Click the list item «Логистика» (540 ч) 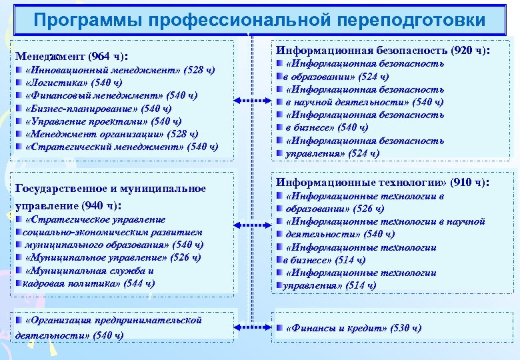pyautogui.click(x=73, y=83)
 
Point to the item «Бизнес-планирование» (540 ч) pyautogui.click(x=97, y=108)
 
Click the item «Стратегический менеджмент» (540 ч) pyautogui.click(x=121, y=146)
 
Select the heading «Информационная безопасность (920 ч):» pyautogui.click(x=383, y=50)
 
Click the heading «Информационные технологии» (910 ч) pyautogui.click(x=383, y=183)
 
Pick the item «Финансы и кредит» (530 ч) pyautogui.click(x=353, y=328)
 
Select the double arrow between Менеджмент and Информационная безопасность pyautogui.click(x=253, y=102)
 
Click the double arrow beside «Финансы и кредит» pyautogui.click(x=253, y=328)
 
